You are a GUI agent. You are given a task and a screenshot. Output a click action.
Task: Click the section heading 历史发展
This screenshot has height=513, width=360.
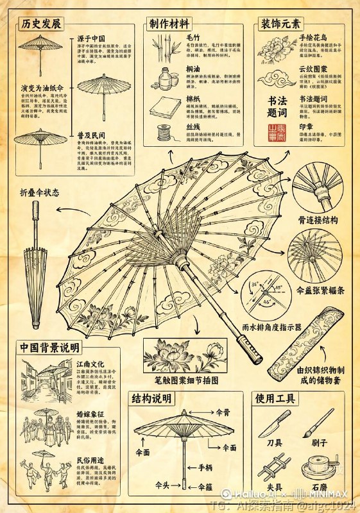coord(41,24)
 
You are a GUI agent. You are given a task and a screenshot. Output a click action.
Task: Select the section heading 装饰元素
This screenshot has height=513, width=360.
coord(280,24)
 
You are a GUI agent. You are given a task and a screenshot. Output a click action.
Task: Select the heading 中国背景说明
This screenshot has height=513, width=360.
coord(49,348)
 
